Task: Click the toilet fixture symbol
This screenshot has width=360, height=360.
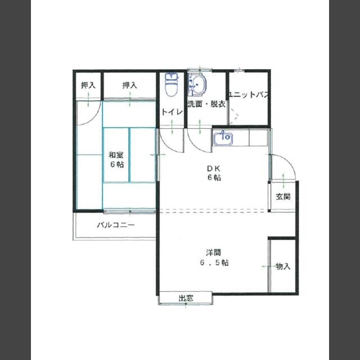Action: point(172,85)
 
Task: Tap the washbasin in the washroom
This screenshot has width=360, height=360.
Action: point(197,85)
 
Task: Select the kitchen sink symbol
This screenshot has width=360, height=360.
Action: point(223,138)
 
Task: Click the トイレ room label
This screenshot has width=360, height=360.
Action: point(172,112)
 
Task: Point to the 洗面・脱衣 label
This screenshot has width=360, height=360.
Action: point(206,104)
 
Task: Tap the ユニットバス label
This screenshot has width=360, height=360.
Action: point(249,94)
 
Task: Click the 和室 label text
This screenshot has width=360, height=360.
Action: point(116,155)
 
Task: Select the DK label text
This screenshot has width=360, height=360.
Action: point(214,169)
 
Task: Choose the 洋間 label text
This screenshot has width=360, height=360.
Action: point(214,253)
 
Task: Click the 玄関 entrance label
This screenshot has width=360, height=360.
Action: point(283,196)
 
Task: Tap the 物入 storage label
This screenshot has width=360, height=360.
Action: point(283,267)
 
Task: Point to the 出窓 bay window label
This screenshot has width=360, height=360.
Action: point(186,298)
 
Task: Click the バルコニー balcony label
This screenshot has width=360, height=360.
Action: point(116,225)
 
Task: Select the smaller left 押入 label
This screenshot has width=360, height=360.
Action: point(88,85)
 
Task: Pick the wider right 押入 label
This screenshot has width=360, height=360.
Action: point(130,85)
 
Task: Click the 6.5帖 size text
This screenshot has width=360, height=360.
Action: point(214,263)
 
